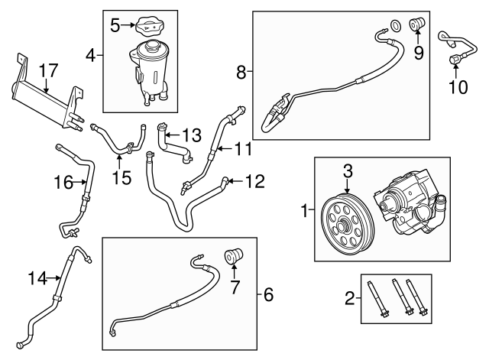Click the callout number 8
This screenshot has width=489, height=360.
(x=241, y=73)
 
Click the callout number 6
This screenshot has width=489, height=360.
(x=267, y=294)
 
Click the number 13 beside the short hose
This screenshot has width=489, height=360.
(x=193, y=135)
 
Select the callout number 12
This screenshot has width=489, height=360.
(x=255, y=182)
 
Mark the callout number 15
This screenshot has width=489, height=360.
(x=121, y=178)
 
